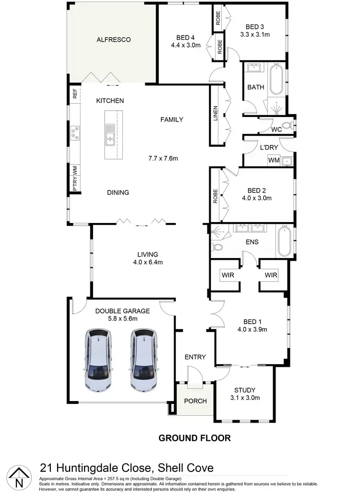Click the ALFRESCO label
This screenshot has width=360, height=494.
point(113,40)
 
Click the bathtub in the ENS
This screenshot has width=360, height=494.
point(284,243)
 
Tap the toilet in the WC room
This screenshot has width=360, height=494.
point(288,126)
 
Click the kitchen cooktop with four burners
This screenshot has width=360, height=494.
point(75,133)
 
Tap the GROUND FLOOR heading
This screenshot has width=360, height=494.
point(194,437)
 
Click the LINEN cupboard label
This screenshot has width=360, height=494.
point(216,114)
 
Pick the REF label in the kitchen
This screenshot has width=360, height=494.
point(75,94)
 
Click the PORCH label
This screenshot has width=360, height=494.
point(195,401)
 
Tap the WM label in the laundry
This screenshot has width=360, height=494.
point(273,160)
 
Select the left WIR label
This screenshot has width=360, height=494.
point(227,275)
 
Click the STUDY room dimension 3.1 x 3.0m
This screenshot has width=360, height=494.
point(244,398)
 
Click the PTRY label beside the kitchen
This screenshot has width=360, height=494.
point(75,186)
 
